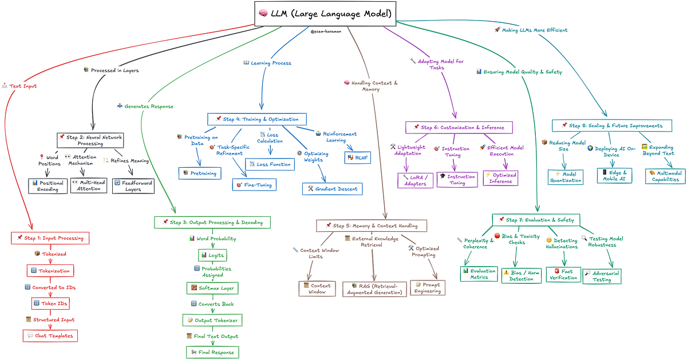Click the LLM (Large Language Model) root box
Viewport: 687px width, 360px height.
coord(325,13)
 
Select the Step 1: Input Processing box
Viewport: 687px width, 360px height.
coord(50,238)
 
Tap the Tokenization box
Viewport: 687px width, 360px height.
coord(50,270)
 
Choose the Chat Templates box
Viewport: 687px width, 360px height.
coord(50,335)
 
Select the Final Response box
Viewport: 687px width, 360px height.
coord(212,352)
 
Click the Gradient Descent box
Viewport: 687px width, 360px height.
coord(332,188)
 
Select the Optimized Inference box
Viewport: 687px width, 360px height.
coord(500,178)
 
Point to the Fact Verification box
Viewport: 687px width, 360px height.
coord(563,274)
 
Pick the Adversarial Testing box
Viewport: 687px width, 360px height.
coord(602,276)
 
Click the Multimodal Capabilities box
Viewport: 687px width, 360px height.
coord(665,176)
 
